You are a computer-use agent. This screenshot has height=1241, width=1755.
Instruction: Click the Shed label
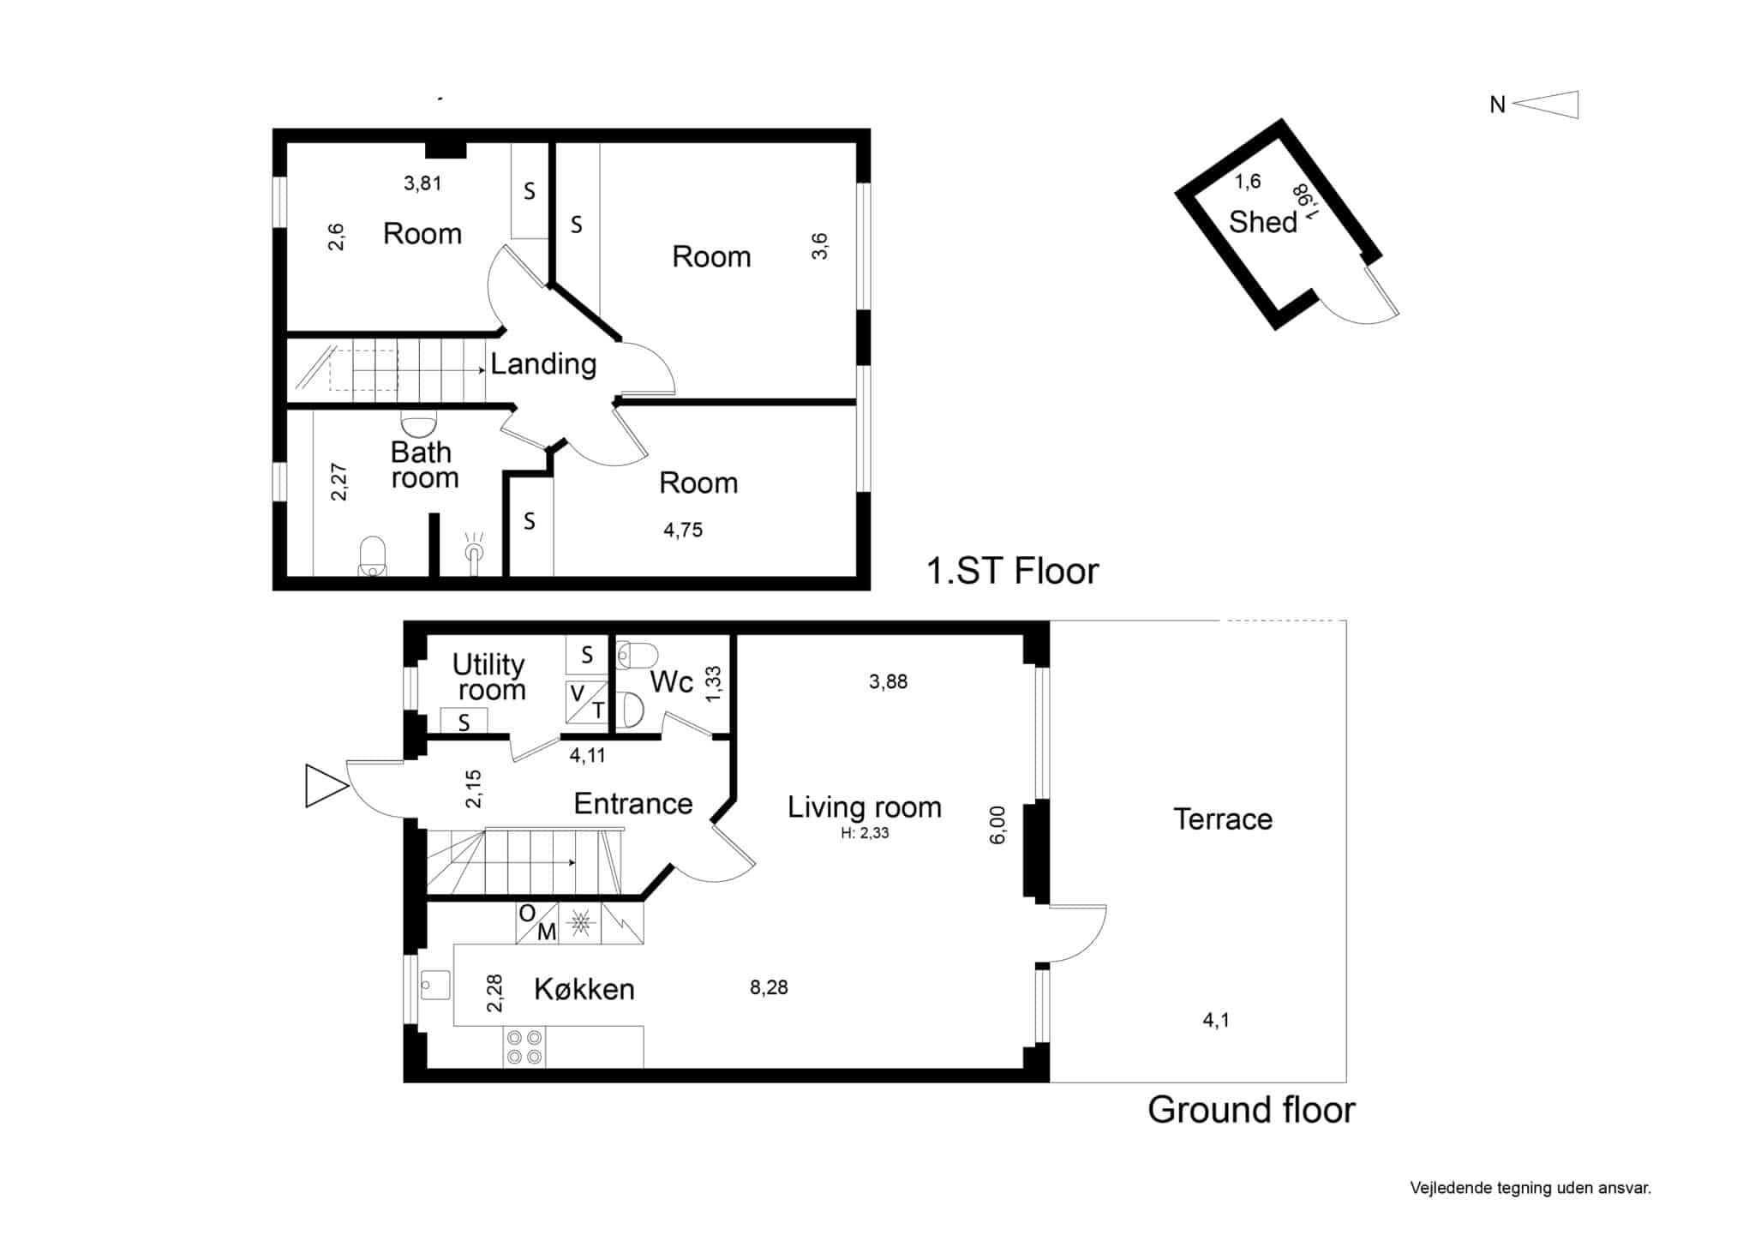point(1262,222)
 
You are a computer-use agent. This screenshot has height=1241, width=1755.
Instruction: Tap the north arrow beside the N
point(1545,105)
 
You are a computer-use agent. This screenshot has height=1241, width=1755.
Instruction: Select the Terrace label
point(1222,819)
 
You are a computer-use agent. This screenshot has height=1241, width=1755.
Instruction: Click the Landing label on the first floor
point(543,364)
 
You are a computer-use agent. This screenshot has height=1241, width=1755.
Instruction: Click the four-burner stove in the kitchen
point(524,1047)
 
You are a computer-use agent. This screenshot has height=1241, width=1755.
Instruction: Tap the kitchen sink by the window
point(435,985)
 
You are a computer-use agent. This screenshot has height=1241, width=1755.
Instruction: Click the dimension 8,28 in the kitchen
point(769,987)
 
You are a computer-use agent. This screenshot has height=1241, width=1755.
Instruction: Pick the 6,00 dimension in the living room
point(997,824)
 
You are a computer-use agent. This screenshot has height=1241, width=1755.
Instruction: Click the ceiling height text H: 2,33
point(865,833)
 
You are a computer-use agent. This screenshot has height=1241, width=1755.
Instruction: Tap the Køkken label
point(584,989)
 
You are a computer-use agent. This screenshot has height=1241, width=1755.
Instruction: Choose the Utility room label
point(489,677)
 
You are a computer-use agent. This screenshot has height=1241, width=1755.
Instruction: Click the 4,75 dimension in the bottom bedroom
point(683,531)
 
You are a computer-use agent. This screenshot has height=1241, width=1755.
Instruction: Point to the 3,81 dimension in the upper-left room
point(422,183)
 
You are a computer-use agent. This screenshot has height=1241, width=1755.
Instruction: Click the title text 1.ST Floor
point(1012,571)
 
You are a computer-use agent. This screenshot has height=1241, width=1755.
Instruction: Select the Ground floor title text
point(1251,1110)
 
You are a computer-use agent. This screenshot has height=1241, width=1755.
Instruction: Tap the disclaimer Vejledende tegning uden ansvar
point(1530,1189)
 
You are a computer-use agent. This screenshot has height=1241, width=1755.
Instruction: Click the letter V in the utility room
point(578,692)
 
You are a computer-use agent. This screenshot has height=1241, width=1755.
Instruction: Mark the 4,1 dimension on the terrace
point(1216,1020)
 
